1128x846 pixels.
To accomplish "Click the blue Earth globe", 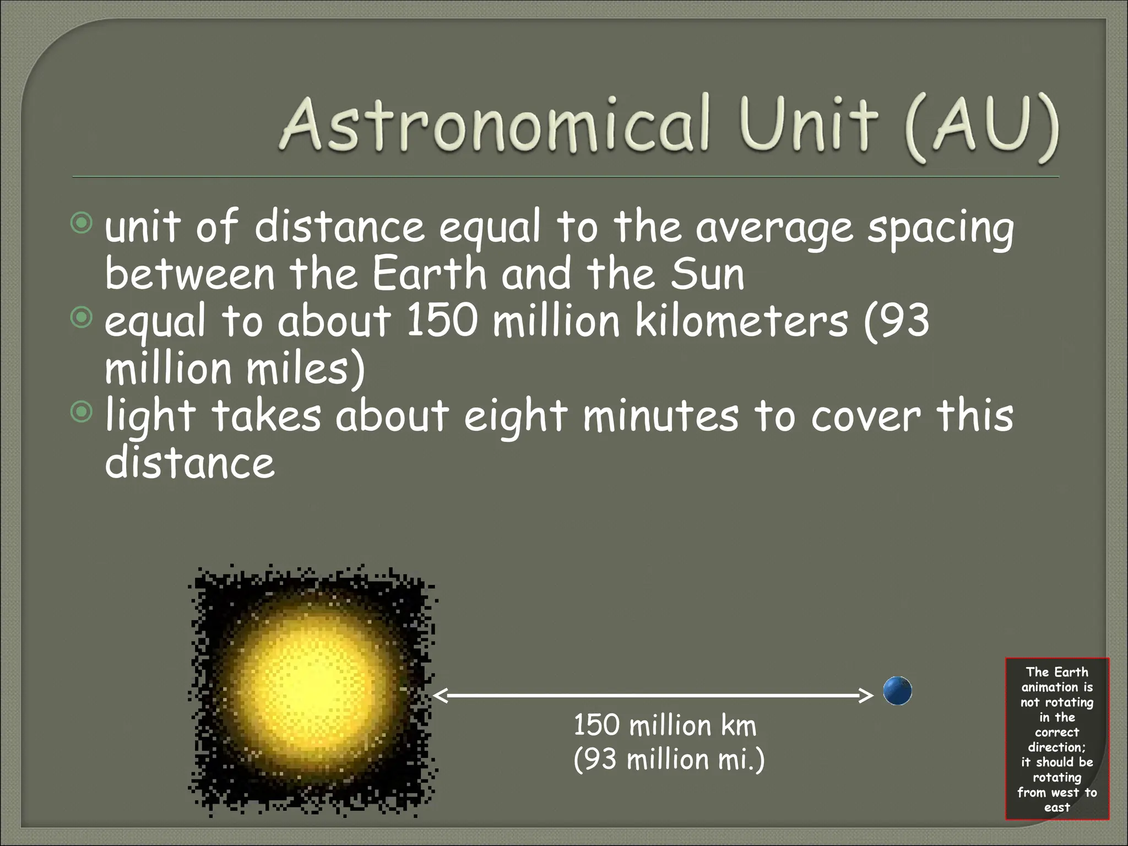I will [897, 691].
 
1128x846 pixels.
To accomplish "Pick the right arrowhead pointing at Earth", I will [866, 696].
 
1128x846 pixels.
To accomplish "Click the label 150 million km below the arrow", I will [665, 725].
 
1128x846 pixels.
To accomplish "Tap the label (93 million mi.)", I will [669, 760].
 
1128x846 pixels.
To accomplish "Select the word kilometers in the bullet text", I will [741, 321].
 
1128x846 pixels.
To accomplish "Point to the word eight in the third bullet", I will [516, 416].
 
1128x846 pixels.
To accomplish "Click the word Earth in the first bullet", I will [430, 274].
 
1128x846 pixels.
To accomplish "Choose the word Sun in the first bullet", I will [707, 274].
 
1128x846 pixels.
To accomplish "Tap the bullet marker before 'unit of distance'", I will [82, 223].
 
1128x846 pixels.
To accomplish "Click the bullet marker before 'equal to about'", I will [82, 318].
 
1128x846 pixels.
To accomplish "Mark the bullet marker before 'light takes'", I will [82, 412].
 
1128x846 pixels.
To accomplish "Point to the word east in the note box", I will [1057, 807].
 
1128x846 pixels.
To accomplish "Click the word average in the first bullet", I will [774, 227].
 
